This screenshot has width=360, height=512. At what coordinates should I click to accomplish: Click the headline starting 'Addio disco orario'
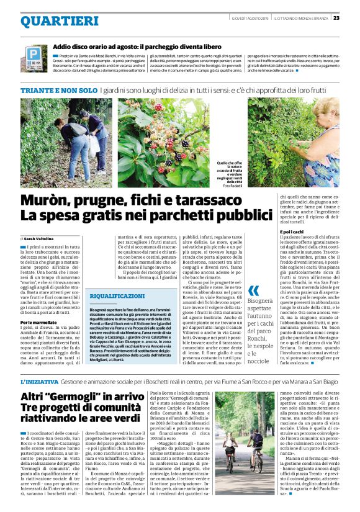pyautogui.click(x=137, y=47)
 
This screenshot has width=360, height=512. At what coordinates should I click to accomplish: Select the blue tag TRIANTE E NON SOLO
pyautogui.click(x=58, y=91)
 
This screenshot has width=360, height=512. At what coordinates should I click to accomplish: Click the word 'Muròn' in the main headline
pyautogui.click(x=49, y=200)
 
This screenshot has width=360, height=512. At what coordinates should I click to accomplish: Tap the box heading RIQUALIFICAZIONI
pyautogui.click(x=118, y=297)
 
